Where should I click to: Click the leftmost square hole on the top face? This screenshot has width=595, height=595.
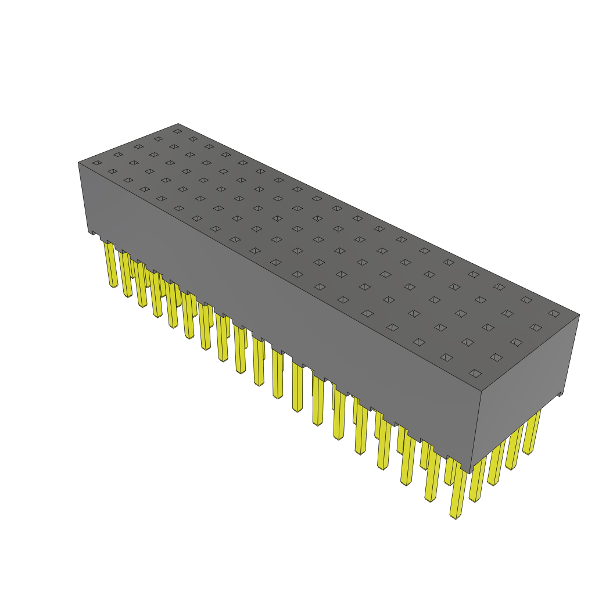pyautogui.click(x=96, y=163)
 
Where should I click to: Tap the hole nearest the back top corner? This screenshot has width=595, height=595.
pyautogui.click(x=177, y=131)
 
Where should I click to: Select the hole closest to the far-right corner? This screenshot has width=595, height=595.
pyautogui.click(x=554, y=313)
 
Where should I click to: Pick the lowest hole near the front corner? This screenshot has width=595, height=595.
pyautogui.click(x=475, y=373)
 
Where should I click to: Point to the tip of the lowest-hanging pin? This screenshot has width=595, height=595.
pyautogui.click(x=457, y=516)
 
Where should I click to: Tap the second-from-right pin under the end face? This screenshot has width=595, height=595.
pyautogui.click(x=514, y=447)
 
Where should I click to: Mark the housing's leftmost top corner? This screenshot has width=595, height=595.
pyautogui.click(x=78, y=162)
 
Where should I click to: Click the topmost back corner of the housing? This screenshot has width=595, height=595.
pyautogui.click(x=178, y=123)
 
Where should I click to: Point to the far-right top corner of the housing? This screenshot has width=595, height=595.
pyautogui.click(x=579, y=315)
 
